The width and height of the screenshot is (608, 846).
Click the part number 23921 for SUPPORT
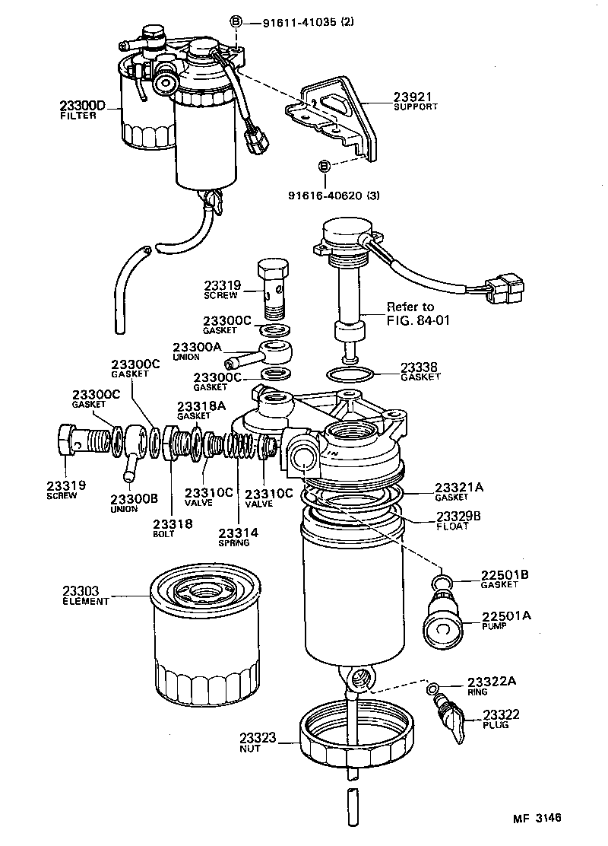pyautogui.click(x=410, y=97)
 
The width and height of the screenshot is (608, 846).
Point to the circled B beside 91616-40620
pyautogui.click(x=323, y=166)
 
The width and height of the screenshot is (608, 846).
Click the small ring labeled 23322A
pyautogui.click(x=432, y=689)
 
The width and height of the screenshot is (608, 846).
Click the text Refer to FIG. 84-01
pyautogui.click(x=419, y=313)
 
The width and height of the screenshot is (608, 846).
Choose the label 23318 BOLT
pyautogui.click(x=172, y=527)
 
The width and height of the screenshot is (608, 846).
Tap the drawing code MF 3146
pyautogui.click(x=537, y=819)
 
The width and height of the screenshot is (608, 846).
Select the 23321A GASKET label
pyautogui.click(x=458, y=491)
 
